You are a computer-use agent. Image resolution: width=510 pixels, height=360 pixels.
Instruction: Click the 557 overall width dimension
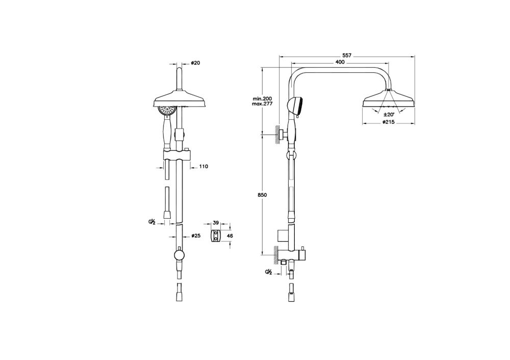(347, 56)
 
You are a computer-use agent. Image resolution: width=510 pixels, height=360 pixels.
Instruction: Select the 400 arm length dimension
(340, 62)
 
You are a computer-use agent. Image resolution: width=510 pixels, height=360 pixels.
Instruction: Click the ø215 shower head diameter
(388, 122)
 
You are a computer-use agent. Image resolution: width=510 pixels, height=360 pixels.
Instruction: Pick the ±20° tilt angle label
(389, 114)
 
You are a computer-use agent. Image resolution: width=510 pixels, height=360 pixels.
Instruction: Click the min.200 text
(262, 98)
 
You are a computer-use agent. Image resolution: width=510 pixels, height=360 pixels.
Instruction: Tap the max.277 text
(262, 104)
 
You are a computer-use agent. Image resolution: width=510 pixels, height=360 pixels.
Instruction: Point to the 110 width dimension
(203, 167)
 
